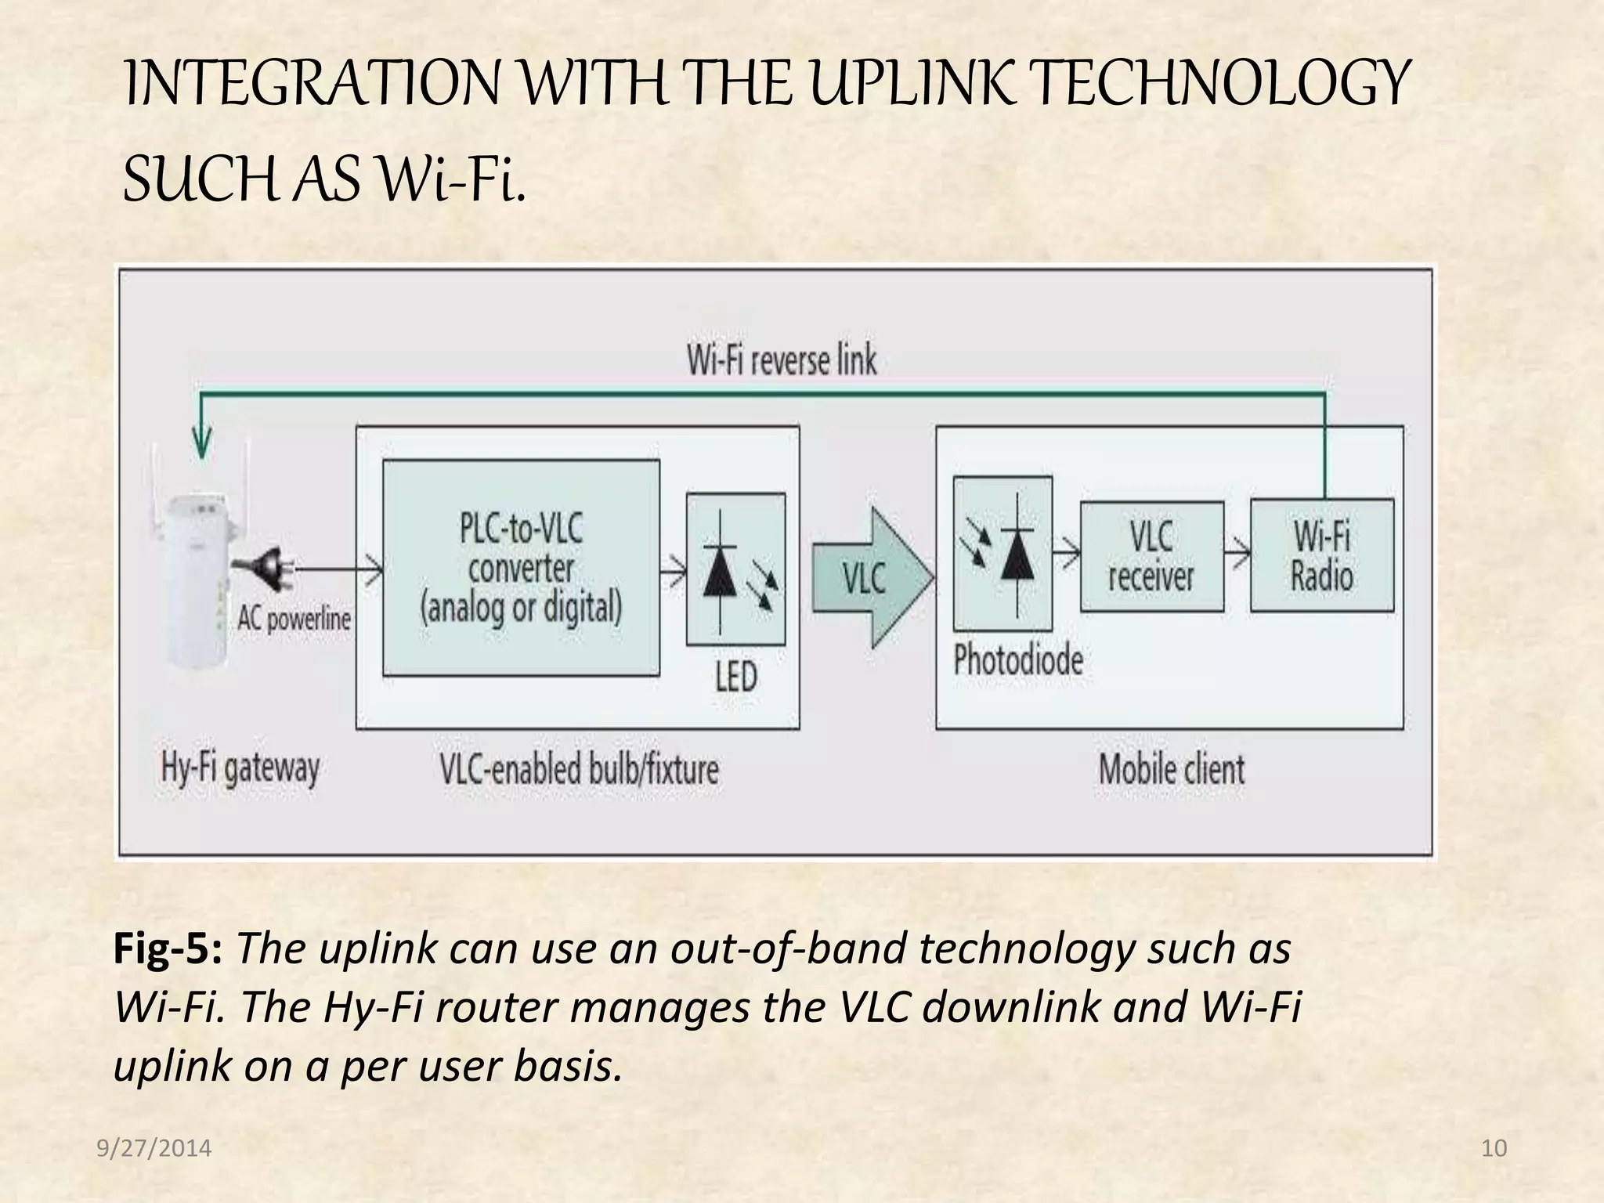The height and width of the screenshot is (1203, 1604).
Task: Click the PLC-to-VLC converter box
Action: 521,568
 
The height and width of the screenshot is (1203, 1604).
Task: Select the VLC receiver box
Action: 1151,557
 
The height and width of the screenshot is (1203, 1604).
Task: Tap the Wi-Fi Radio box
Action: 1321,555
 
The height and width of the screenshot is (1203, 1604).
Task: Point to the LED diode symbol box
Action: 735,569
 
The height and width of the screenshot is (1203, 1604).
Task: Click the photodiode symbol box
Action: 1002,554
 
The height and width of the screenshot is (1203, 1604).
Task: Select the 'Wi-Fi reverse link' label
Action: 782,360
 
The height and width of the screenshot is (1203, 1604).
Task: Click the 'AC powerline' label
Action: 294,620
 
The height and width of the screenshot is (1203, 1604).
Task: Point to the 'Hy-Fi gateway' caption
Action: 240,768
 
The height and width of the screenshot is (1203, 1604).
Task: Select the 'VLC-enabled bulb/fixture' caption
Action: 579,769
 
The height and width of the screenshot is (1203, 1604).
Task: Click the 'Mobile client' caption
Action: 1171,769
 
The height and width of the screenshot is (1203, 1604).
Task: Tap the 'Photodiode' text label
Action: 1018,660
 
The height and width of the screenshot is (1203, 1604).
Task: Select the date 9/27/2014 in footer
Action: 154,1148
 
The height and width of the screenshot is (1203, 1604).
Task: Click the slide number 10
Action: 1494,1148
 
